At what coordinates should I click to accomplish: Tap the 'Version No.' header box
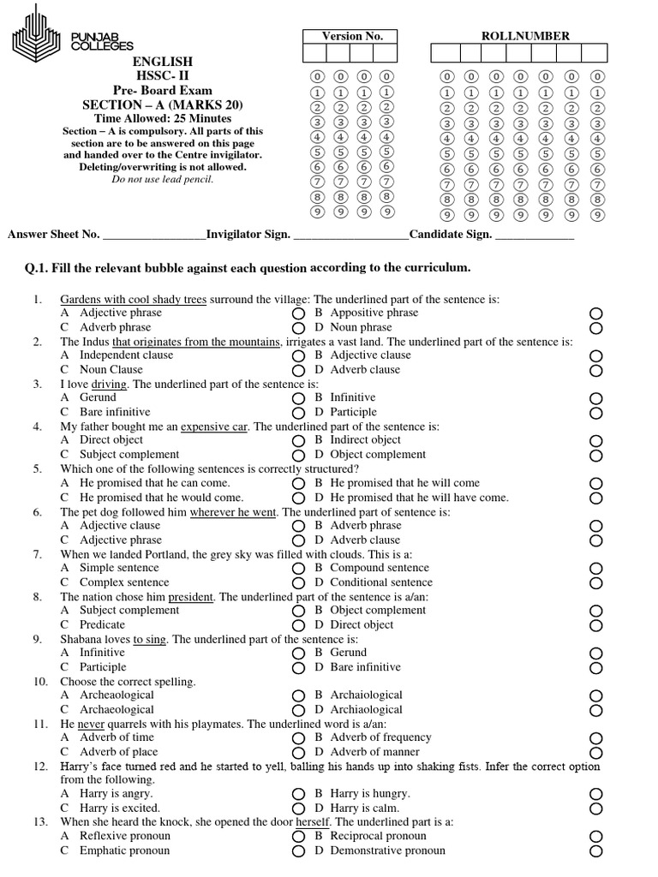click(x=346, y=36)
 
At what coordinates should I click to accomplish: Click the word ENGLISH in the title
click(x=162, y=62)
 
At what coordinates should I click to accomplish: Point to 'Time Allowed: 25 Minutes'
click(x=162, y=118)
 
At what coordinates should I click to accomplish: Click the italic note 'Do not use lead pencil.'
click(x=162, y=179)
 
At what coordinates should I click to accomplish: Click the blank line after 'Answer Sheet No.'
click(x=154, y=235)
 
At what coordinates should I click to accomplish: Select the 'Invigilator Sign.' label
click(x=249, y=234)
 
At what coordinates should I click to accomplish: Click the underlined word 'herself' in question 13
click(x=312, y=821)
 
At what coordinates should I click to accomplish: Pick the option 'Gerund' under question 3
click(x=98, y=397)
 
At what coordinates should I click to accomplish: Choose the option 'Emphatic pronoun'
click(x=124, y=850)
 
